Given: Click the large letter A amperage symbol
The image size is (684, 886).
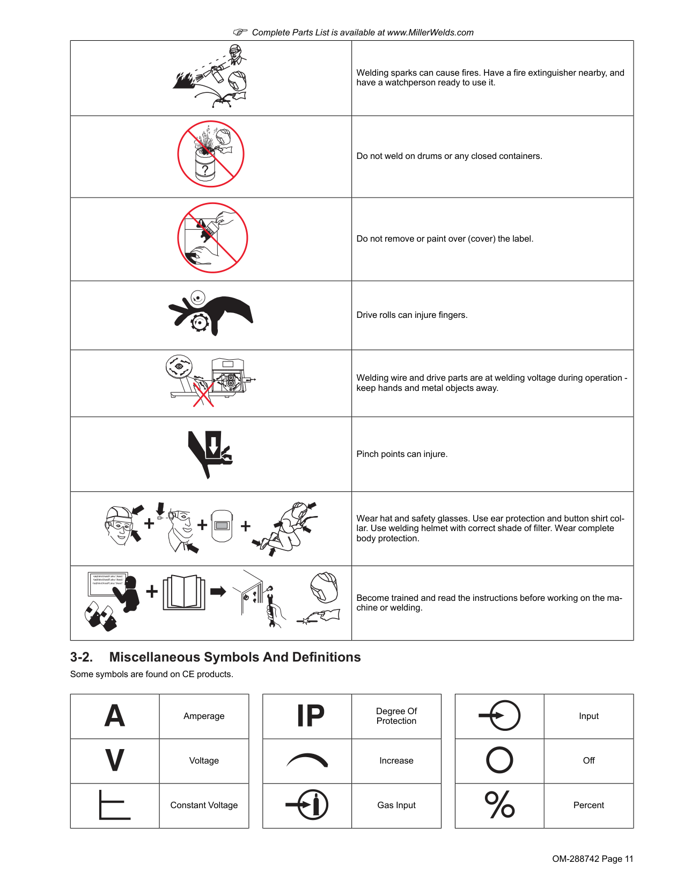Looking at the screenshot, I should [x=115, y=716].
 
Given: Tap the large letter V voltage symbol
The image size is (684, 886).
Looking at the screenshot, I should [x=115, y=760].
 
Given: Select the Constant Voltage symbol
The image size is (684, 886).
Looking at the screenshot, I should [x=115, y=805].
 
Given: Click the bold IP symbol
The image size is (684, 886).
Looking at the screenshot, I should [x=311, y=716].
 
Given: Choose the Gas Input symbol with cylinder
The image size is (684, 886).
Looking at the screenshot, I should [x=307, y=805].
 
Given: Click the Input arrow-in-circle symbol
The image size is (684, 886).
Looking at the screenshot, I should [x=500, y=716].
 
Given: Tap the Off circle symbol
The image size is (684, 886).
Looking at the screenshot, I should [x=499, y=760].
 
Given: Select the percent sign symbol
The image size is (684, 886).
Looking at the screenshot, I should [x=499, y=805].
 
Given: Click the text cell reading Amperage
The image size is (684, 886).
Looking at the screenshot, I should [x=204, y=716].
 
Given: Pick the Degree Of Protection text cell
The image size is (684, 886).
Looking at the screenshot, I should [x=396, y=716].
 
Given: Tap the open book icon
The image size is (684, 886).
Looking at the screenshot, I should [x=185, y=592].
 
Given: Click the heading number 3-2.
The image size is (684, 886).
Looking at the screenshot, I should [x=81, y=657].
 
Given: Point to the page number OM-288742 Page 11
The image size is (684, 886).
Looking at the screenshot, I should [x=592, y=859].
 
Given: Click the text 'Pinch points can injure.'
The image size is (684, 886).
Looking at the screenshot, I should [x=402, y=454].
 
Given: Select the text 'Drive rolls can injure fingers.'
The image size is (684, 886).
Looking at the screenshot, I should [x=412, y=315].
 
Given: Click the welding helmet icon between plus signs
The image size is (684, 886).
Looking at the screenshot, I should [x=222, y=525].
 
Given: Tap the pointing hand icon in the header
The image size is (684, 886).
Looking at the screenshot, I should [x=240, y=32].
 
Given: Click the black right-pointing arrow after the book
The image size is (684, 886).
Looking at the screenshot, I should [x=218, y=592].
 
